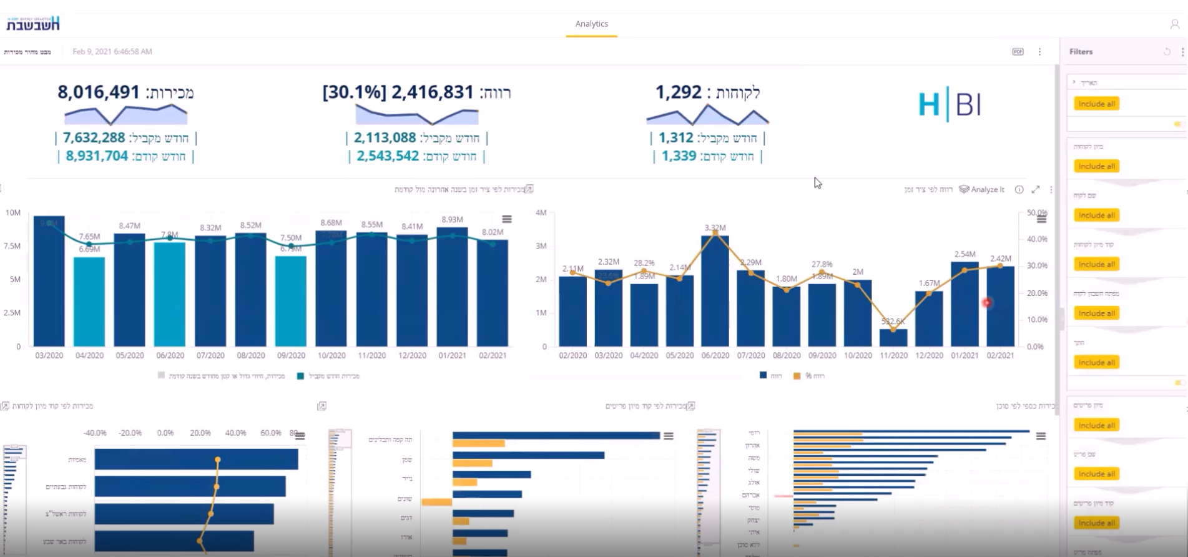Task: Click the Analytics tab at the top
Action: (x=591, y=24)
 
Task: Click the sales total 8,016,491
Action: (x=99, y=92)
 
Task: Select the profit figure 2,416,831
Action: (x=432, y=92)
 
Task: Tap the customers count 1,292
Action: (x=678, y=92)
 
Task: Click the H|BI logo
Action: (x=949, y=105)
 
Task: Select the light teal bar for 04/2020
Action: (x=89, y=303)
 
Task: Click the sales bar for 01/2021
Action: (x=452, y=287)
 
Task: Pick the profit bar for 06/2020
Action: (x=715, y=290)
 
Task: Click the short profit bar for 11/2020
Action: (x=893, y=338)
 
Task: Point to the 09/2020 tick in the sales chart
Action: (x=291, y=355)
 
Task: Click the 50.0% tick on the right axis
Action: (x=1037, y=213)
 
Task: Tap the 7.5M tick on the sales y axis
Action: (x=12, y=246)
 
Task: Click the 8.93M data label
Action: (x=452, y=220)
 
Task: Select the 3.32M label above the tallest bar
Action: (x=715, y=228)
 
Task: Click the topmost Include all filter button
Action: (x=1096, y=104)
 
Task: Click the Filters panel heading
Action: (x=1081, y=52)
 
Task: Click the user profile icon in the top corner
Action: (x=1174, y=24)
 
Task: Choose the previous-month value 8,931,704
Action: (x=97, y=156)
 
